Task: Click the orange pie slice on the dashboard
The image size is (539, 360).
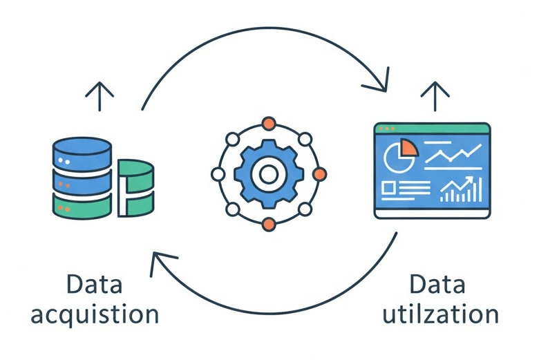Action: pyautogui.click(x=407, y=146)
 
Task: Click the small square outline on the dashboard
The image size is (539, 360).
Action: pyautogui.click(x=389, y=187)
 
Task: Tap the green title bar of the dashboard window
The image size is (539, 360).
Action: pyautogui.click(x=432, y=129)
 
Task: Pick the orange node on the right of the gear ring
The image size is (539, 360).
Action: pyautogui.click(x=319, y=174)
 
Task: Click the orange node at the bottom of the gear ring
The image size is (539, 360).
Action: pyautogui.click(x=269, y=222)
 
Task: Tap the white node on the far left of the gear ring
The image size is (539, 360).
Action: pyautogui.click(x=218, y=173)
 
